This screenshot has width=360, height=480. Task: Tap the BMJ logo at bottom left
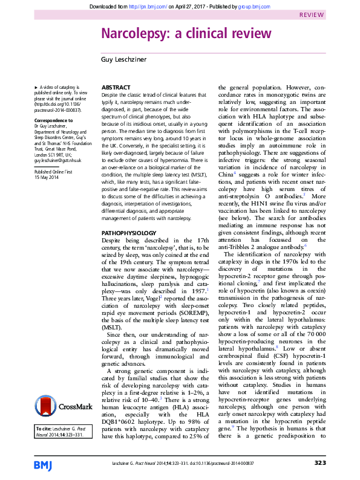tap(44, 464)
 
